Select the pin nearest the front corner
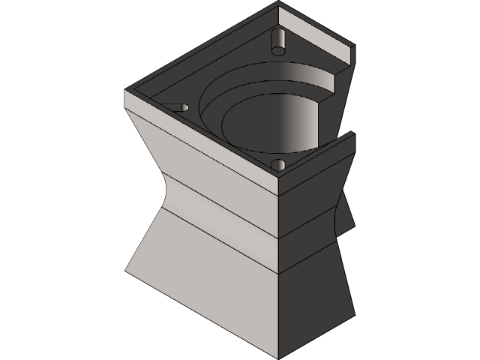278,164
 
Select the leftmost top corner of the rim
124,91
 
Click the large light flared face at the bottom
202,277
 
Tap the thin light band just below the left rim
195,131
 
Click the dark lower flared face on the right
315,300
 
